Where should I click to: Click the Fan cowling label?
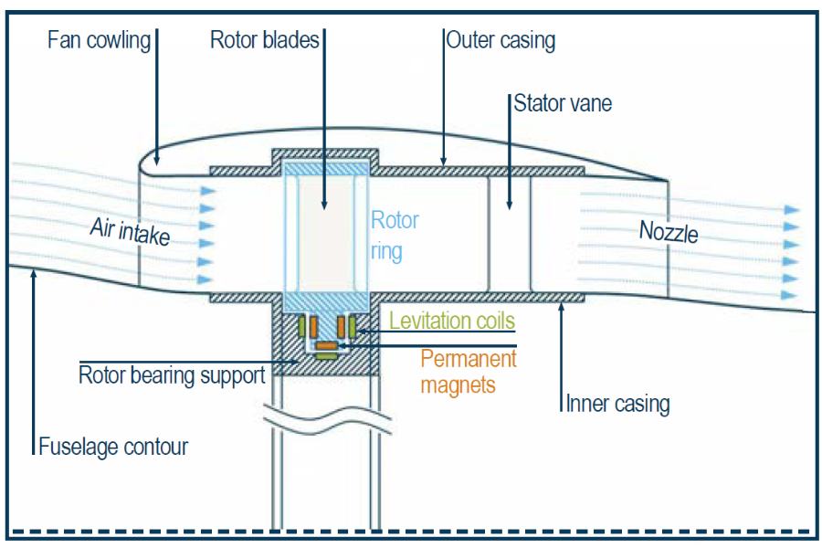click(99, 41)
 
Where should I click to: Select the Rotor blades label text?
click(265, 40)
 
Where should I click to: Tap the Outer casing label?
click(501, 40)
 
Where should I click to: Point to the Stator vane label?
click(563, 103)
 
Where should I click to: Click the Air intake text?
click(131, 232)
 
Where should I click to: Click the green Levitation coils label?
click(452, 321)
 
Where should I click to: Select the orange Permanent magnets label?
click(468, 371)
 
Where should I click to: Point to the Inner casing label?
click(618, 403)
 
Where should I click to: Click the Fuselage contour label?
click(113, 447)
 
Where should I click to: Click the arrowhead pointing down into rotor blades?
click(323, 207)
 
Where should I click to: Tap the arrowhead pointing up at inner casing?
click(561, 307)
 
